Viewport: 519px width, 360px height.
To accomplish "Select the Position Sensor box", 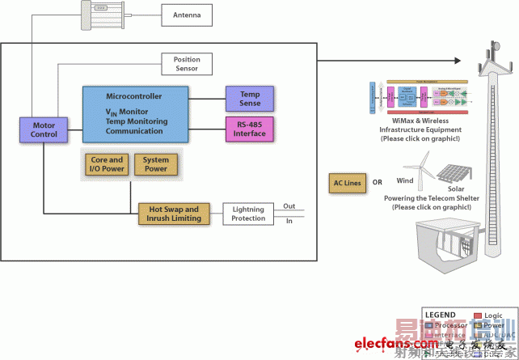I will point(187,64).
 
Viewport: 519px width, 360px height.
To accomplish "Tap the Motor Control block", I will point(44,129).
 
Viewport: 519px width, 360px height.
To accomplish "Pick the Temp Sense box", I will point(251,99).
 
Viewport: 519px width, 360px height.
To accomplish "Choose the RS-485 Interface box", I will point(251,128).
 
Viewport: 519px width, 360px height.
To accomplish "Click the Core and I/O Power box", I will point(105,164).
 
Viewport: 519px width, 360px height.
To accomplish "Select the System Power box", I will point(156,164).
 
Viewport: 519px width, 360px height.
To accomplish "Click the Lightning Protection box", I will point(248,214).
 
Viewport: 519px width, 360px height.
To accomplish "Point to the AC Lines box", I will point(346,183).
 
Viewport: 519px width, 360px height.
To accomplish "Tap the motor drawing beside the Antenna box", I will point(104,15).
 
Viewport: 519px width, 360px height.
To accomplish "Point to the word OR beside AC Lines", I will point(378,183).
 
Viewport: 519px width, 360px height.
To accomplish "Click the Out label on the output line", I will point(289,205).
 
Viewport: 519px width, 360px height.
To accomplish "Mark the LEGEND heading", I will point(440,315).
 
